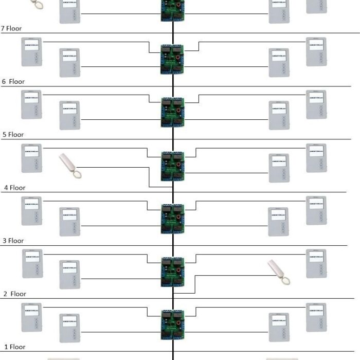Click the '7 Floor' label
(11, 29)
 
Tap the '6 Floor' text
(14, 82)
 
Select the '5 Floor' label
(13, 135)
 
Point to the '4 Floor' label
(14, 188)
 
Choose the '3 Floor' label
(14, 241)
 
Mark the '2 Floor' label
(15, 294)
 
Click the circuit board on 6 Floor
(173, 60)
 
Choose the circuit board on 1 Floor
(173, 325)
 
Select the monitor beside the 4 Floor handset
(31, 158)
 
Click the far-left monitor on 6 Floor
(31, 51)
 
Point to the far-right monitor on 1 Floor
(316, 317)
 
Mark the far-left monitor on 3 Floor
(31, 211)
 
